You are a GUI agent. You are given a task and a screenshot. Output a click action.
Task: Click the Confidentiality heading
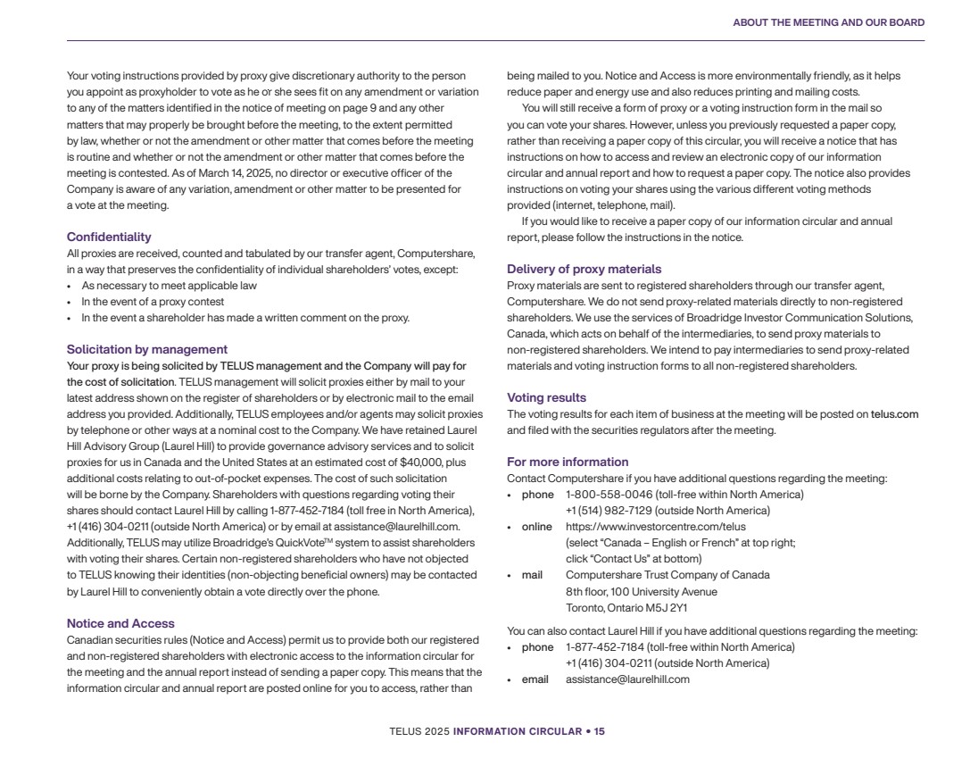(109, 237)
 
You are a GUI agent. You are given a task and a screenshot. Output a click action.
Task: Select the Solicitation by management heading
(147, 349)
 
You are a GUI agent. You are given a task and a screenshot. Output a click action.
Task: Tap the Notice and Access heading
(120, 623)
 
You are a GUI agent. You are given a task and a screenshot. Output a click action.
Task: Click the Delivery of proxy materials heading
(584, 269)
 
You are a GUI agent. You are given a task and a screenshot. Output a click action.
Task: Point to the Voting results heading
(546, 397)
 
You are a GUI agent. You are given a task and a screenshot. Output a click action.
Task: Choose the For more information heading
(568, 462)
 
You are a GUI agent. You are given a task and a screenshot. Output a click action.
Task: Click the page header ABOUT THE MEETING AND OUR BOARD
(828, 22)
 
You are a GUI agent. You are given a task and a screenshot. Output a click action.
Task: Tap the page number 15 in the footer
(600, 731)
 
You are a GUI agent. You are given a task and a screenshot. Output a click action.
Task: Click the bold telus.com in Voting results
(894, 414)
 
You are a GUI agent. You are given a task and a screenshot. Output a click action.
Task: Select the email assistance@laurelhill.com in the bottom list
(627, 679)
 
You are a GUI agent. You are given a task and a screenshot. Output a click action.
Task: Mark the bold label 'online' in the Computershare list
(536, 527)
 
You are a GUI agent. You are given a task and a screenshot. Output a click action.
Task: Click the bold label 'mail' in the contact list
(532, 575)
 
